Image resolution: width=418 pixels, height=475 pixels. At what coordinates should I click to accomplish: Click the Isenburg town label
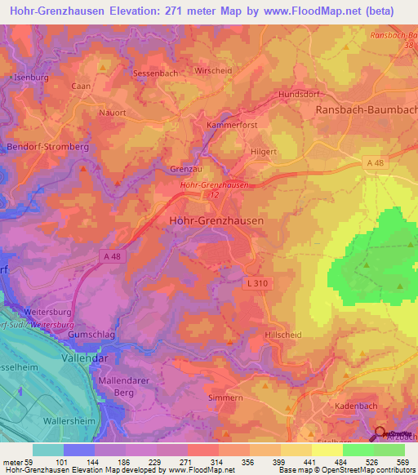(x=30, y=78)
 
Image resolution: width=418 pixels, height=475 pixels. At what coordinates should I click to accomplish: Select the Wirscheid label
(x=214, y=71)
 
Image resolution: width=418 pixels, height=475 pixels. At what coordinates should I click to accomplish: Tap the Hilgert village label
(x=264, y=152)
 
